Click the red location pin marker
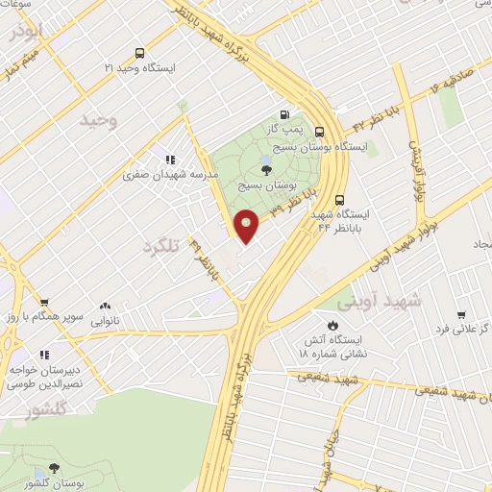point(247,226)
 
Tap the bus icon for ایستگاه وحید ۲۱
point(141,54)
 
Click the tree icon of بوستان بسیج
point(280,168)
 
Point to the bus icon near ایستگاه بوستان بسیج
point(319,134)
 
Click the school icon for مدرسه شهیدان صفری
point(170,160)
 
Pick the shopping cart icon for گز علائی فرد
point(461,314)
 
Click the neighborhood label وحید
point(98,120)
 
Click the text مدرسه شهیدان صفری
point(174,176)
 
